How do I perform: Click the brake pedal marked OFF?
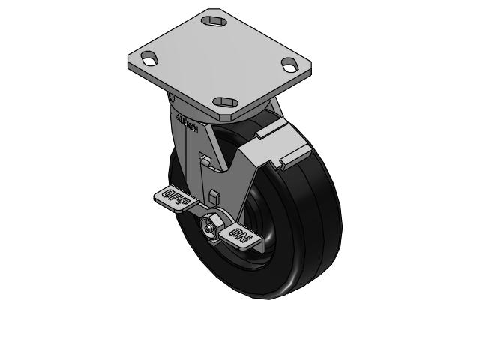(174, 197)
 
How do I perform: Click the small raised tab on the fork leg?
(214, 196)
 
